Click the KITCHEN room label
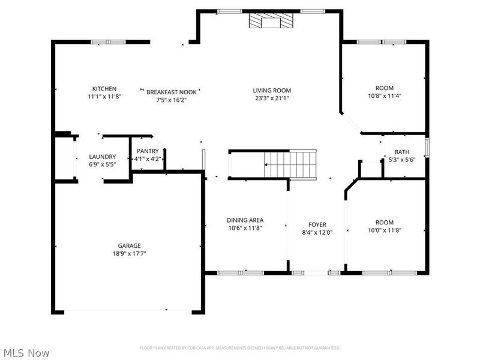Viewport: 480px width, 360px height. [104, 89]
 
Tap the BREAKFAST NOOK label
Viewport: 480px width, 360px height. [172, 92]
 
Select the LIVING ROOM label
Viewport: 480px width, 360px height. [272, 91]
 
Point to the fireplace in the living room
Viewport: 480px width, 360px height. [271, 21]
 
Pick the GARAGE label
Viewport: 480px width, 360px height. [130, 245]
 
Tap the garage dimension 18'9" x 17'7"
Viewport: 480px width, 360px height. [129, 253]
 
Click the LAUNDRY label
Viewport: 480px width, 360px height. [103, 157]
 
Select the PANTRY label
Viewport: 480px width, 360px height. [148, 151]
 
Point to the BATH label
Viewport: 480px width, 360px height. [402, 152]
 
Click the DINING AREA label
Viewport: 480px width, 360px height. [245, 220]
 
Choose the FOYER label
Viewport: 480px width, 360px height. [317, 224]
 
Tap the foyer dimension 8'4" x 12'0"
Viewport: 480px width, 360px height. [317, 233]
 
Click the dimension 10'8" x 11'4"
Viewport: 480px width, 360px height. [385, 96]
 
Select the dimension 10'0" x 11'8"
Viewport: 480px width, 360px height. [385, 230]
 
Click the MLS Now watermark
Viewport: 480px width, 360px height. [25, 353]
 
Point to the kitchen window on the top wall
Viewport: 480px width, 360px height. [109, 42]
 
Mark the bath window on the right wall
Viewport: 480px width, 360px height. [427, 148]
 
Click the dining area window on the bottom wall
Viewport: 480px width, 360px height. [241, 273]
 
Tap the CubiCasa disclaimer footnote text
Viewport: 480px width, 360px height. [240, 348]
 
